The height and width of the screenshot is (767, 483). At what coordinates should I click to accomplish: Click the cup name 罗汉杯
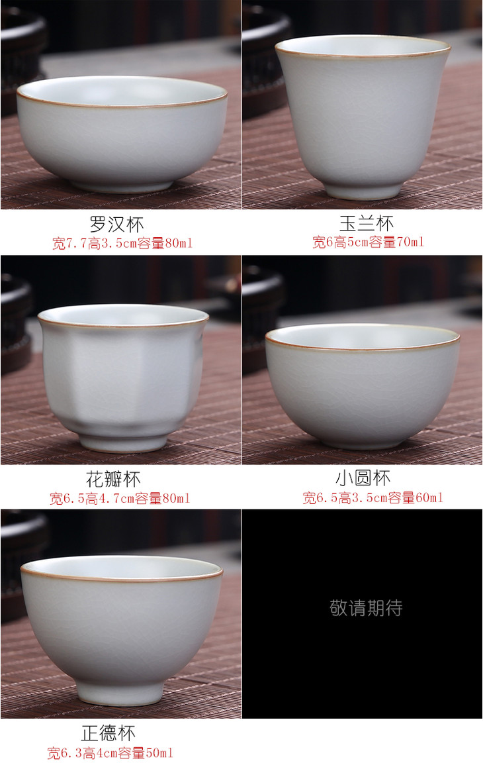117,225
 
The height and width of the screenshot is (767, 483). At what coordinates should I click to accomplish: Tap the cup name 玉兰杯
367,224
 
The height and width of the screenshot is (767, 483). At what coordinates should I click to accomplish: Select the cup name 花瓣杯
113,480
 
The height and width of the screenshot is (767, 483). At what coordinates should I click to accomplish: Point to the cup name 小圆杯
363,478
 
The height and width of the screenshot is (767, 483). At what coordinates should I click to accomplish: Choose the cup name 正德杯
109,733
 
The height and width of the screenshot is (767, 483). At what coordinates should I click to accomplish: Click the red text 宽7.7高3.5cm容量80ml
122,243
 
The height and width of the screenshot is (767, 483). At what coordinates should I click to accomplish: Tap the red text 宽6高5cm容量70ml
368,242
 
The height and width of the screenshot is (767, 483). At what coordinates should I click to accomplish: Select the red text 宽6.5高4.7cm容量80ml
120,499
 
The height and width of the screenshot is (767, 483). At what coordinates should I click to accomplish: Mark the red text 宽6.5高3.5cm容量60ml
373,498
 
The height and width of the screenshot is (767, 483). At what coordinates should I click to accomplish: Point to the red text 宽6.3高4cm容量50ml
110,753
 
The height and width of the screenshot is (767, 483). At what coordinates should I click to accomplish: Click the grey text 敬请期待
366,608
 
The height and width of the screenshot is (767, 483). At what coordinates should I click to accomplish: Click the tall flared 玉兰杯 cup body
363,117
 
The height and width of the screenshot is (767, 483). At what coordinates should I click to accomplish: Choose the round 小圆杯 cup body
363,386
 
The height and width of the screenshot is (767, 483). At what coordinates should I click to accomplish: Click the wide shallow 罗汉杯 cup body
122,134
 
